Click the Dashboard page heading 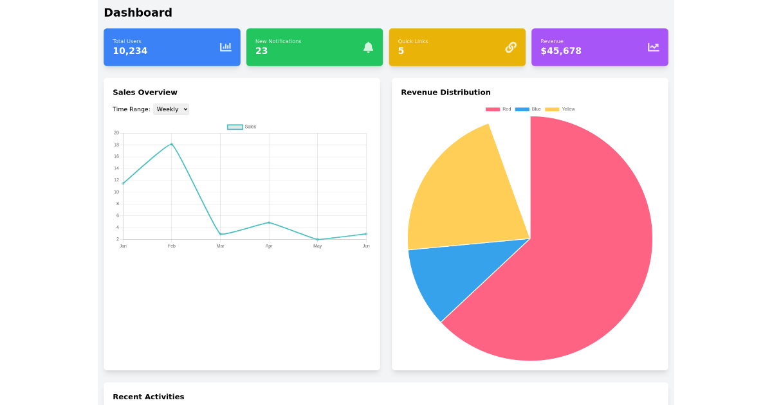point(138,13)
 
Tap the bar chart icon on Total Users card point(225,47)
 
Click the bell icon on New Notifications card point(368,47)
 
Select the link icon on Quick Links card point(511,47)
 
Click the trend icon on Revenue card point(653,47)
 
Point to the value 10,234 point(130,51)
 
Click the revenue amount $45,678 point(560,51)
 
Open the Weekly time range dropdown point(171,109)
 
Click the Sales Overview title point(145,93)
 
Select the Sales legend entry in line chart point(242,127)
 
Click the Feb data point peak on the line point(172,144)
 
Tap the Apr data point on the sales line point(269,222)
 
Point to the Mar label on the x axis point(220,246)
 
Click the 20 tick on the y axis point(116,133)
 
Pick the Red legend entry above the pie point(499,109)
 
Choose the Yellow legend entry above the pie point(560,109)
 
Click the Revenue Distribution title point(445,93)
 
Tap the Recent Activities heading point(148,397)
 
